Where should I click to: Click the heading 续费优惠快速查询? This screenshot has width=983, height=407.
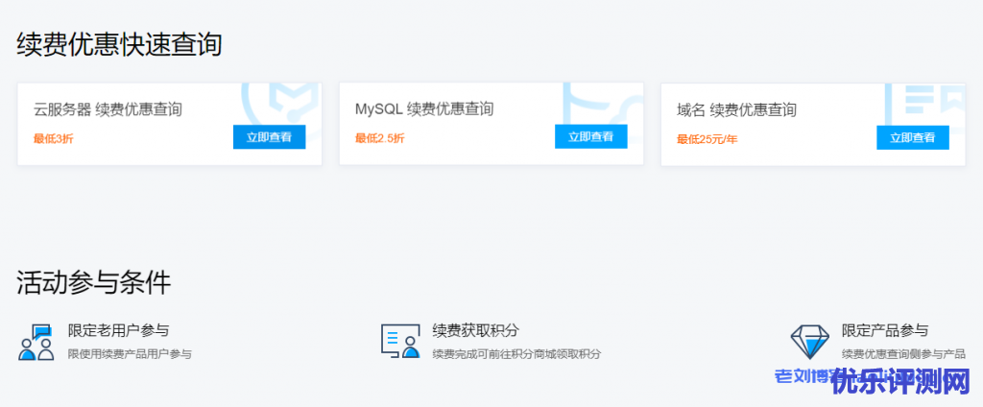119,44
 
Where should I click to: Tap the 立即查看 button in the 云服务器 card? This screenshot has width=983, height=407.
269,137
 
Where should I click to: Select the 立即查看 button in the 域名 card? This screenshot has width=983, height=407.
912,137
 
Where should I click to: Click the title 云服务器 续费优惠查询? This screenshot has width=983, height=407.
108,109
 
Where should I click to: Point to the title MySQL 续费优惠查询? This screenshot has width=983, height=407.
424,109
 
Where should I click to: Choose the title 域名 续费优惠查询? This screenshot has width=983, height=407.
736,110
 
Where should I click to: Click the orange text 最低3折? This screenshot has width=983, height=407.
53,138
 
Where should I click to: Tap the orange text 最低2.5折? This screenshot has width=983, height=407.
379,138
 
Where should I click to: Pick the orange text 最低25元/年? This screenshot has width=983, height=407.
707,139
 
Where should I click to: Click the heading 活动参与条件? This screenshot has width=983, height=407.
93,282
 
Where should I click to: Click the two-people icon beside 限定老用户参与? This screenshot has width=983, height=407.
36,343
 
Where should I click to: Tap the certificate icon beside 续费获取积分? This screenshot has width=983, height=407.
401,341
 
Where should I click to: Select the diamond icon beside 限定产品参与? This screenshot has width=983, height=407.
809,341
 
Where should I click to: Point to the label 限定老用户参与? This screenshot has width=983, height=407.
118,331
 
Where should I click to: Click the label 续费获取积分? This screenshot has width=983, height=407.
476,331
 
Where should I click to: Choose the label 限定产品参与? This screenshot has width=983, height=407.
885,331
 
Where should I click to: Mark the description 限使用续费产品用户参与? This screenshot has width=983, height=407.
130,354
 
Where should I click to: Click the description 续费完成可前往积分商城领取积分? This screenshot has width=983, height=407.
516,354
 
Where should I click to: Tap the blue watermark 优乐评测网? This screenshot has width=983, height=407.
902,381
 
